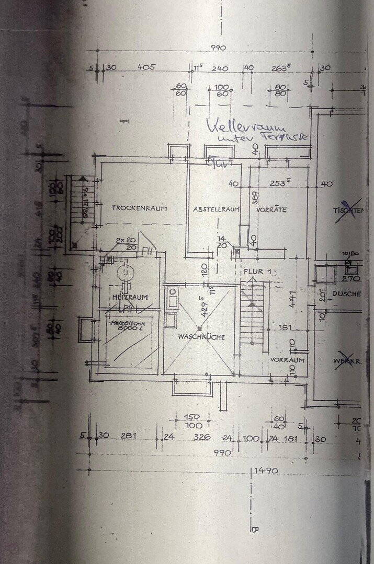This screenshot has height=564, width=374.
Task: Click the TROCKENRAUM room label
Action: pyautogui.click(x=139, y=208)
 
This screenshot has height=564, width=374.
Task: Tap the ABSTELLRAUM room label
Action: pyautogui.click(x=216, y=209)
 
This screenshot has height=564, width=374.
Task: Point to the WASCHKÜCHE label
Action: pyautogui.click(x=201, y=337)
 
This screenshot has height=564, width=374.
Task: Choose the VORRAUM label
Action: pyautogui.click(x=287, y=360)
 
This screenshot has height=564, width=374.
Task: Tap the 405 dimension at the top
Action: pyautogui.click(x=145, y=67)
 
